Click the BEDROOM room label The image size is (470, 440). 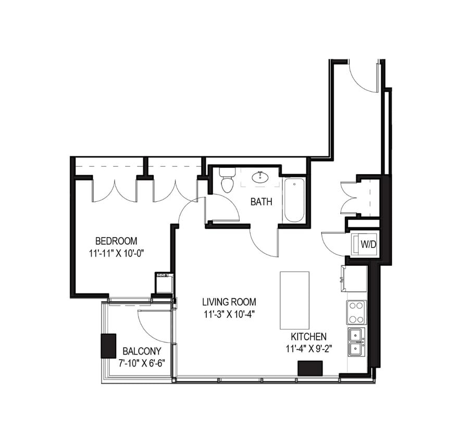[116, 241]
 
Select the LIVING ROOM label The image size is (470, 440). [229, 302]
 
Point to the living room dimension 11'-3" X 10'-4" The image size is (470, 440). [229, 314]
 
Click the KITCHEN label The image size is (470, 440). [309, 337]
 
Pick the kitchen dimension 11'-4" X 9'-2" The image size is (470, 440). [309, 349]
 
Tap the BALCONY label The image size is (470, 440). [142, 351]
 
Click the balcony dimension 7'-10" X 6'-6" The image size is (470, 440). [142, 363]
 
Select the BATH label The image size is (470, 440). [261, 202]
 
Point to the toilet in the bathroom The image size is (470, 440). [227, 180]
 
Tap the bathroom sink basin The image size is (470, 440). [261, 178]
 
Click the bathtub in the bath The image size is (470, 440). [294, 200]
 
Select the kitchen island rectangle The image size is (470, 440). [294, 300]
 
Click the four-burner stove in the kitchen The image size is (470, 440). [356, 312]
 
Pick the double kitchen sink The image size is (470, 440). [356, 341]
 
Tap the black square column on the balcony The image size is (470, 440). [108, 345]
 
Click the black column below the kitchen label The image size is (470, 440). [311, 369]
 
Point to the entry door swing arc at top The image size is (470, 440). [363, 78]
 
